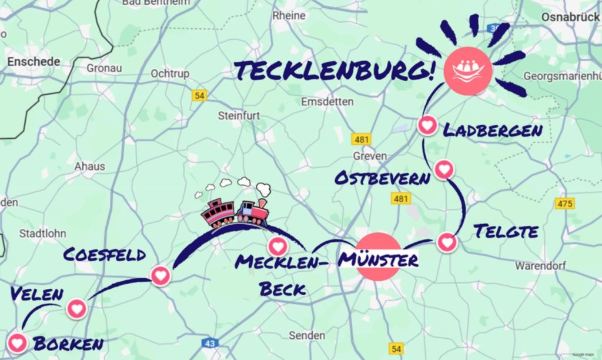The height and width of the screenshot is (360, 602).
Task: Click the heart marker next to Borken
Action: pos(17,342)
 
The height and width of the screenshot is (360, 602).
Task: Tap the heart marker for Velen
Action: pos(76,308)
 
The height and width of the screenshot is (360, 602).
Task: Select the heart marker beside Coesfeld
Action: pos(160,275)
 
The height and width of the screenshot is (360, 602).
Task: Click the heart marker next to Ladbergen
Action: pos(427,125)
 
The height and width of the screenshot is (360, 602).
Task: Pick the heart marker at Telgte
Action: pos(447,241)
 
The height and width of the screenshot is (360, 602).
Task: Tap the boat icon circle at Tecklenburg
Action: pos(467,68)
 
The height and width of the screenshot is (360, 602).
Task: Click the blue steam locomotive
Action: pos(253,212)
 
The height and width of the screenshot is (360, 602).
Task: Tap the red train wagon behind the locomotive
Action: pos(218,214)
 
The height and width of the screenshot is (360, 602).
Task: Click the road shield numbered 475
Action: pos(564,204)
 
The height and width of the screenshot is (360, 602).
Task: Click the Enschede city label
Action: pos(34,61)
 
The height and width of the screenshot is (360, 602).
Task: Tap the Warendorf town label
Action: pos(540,266)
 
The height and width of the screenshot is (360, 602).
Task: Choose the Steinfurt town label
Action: pos(239,115)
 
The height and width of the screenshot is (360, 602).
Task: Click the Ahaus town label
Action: pos(89,166)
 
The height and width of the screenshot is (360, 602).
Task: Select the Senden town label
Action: pos(307,335)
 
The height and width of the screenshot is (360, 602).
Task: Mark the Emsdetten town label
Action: pos(327,102)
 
